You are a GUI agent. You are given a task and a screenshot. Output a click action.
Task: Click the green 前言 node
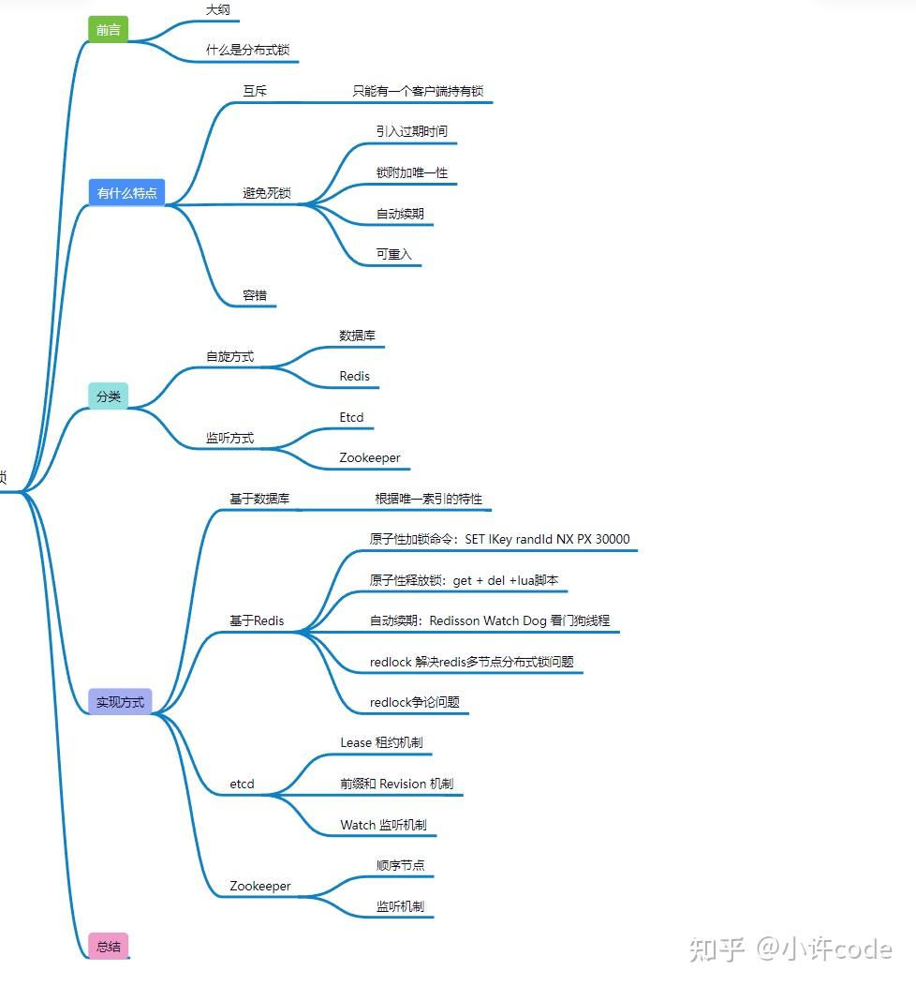108,29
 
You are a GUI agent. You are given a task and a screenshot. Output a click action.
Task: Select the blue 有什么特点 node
126,193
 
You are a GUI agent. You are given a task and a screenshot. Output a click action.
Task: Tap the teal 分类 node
109,396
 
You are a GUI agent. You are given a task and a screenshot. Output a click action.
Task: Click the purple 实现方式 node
120,702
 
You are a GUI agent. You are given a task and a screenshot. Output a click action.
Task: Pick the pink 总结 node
108,946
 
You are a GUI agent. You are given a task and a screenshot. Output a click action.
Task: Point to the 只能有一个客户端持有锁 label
418,91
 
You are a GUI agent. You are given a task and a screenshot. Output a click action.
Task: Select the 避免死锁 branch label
267,193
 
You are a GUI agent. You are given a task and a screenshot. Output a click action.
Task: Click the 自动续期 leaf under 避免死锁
400,214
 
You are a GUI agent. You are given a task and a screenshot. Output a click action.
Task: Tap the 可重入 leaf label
393,254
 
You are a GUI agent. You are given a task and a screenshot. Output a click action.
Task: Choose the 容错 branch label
255,295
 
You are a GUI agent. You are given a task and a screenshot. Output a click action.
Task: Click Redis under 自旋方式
354,377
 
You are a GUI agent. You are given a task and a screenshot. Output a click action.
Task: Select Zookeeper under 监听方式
369,458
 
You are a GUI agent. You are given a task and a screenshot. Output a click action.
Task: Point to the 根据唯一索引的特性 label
428,499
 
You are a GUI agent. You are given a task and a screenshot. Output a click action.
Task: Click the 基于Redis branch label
257,620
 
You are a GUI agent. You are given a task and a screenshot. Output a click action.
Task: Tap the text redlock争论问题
414,702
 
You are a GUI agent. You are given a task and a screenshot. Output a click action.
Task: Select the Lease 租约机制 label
381,742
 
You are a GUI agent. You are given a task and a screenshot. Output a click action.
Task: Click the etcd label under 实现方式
242,784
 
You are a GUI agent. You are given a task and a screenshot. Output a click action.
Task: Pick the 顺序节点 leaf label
400,865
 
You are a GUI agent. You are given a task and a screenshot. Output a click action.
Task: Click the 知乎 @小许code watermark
790,949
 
